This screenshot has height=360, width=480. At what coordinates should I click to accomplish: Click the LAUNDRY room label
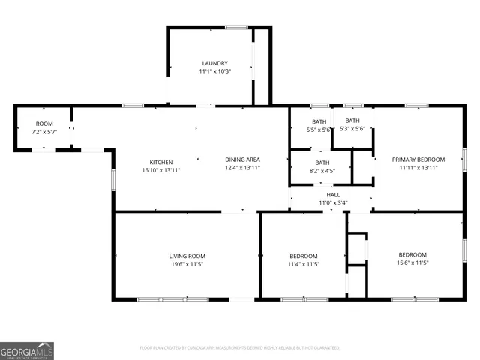tap(214, 63)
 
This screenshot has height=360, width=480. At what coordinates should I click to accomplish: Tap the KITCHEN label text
tap(161, 162)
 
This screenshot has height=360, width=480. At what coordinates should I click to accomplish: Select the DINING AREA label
tap(243, 160)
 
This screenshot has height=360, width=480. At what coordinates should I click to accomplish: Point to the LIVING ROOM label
tap(187, 256)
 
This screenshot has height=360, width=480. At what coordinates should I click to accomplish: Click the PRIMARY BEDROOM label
tap(418, 160)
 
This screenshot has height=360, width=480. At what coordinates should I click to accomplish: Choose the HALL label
tap(333, 194)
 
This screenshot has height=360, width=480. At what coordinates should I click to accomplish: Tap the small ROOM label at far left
tap(44, 124)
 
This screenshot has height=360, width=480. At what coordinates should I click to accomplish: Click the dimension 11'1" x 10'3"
tap(214, 71)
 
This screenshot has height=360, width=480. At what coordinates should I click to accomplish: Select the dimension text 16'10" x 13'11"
tap(161, 170)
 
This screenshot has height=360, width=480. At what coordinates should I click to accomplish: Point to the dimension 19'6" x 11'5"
tap(187, 264)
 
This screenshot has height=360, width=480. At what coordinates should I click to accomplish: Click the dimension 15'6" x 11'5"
tap(412, 263)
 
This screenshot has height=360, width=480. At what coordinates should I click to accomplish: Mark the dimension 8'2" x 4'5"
tap(322, 171)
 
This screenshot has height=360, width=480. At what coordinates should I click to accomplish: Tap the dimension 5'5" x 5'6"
tap(319, 130)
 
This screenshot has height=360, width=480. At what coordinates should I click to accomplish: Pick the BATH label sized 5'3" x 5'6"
tap(352, 121)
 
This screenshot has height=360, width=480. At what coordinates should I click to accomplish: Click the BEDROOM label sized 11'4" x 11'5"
tap(303, 256)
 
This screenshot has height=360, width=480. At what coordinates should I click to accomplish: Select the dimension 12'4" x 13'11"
tap(243, 168)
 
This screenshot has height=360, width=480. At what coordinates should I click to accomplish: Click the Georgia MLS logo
tap(27, 350)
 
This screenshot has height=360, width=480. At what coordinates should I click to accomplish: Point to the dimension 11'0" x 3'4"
tap(333, 202)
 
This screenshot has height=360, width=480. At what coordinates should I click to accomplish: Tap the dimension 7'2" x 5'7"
tap(44, 132)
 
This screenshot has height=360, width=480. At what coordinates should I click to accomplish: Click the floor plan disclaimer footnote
tap(240, 348)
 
